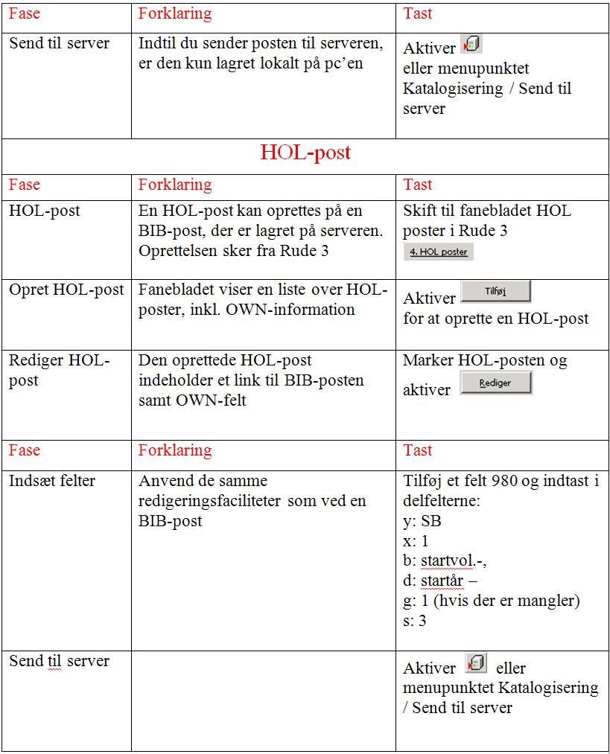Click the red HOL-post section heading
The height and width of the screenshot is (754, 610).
(x=305, y=153)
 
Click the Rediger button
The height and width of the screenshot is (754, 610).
(x=495, y=383)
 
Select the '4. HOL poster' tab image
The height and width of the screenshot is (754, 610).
(x=438, y=252)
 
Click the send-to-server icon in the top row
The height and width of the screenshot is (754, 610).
(x=471, y=45)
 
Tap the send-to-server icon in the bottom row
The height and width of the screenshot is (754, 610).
(x=475, y=662)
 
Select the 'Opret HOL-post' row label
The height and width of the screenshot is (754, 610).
(x=67, y=290)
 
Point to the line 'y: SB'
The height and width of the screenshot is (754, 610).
(x=422, y=521)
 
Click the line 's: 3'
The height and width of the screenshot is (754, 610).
(x=414, y=620)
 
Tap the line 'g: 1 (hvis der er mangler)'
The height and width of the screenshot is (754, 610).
(x=491, y=600)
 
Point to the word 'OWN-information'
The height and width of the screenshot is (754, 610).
(x=294, y=309)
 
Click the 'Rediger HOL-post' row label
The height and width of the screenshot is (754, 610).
(x=60, y=371)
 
